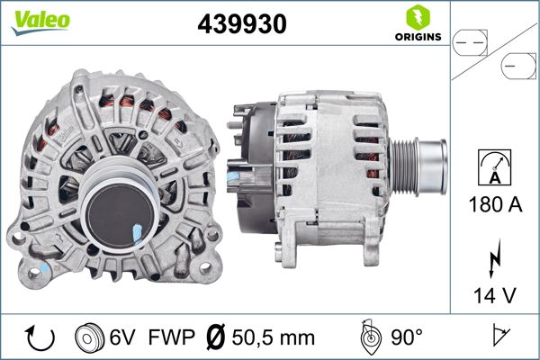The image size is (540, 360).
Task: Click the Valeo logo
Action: click(40, 20)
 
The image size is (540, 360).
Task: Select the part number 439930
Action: click(241, 25)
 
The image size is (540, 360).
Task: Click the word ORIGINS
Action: click(417, 37)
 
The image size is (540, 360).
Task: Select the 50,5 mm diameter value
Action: click(274, 337)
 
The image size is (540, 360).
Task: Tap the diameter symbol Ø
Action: click(215, 337)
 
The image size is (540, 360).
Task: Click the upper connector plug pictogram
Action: click(471, 40)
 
